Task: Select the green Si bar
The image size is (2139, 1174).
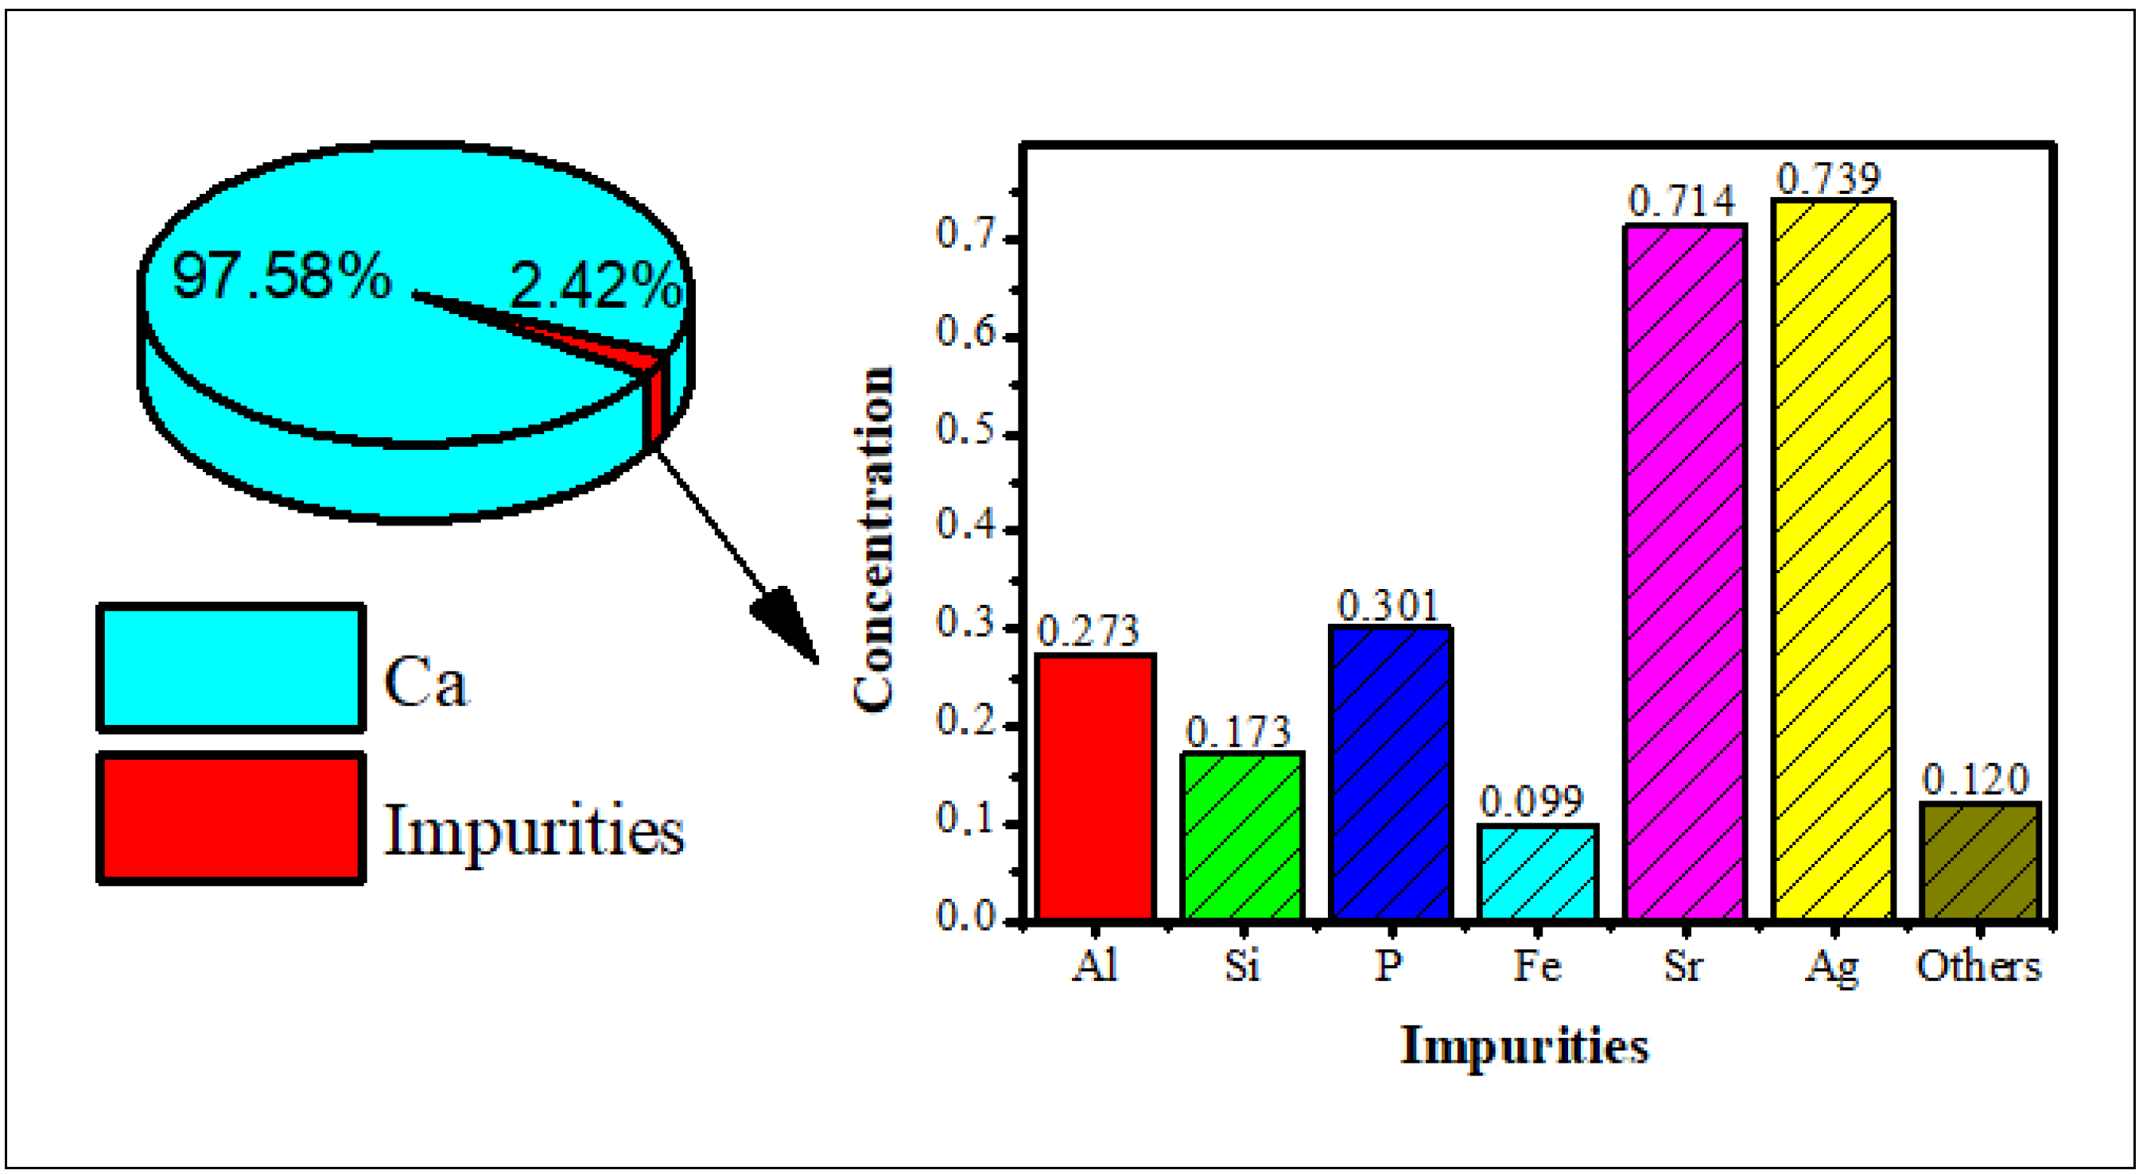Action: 1243,836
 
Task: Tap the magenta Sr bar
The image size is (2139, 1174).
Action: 1686,572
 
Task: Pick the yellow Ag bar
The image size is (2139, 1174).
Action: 1833,560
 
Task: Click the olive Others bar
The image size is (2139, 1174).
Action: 1981,861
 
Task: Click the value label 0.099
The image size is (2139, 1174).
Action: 1532,801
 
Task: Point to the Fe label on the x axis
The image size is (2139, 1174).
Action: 1537,966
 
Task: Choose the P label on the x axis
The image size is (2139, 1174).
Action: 1388,966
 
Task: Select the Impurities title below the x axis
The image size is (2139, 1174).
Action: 1524,1045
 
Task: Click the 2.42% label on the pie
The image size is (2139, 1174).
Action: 596,285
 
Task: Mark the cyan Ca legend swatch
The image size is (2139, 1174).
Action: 231,668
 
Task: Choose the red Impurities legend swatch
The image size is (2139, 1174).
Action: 231,818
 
